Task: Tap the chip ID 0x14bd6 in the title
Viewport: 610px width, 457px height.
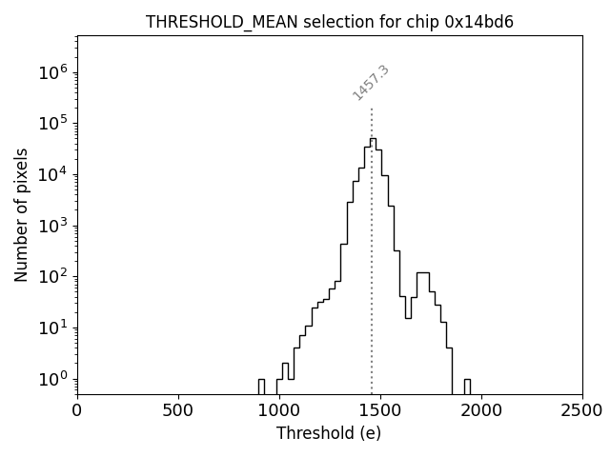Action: pyautogui.click(x=479, y=23)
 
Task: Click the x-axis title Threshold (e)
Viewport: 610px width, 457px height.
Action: pyautogui.click(x=329, y=433)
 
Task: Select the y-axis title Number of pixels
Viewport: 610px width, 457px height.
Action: pyautogui.click(x=21, y=214)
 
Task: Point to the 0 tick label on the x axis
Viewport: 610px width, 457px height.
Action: pyautogui.click(x=77, y=410)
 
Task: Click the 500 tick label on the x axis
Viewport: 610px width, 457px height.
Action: pyautogui.click(x=178, y=410)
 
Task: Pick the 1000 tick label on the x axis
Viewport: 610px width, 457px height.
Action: pyautogui.click(x=279, y=410)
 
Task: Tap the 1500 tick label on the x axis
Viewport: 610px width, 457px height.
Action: pyautogui.click(x=380, y=410)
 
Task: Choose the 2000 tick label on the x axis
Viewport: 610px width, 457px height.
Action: pyautogui.click(x=481, y=410)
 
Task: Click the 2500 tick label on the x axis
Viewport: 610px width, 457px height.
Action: pyautogui.click(x=582, y=410)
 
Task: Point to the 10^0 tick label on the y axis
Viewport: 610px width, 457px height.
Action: pyautogui.click(x=55, y=379)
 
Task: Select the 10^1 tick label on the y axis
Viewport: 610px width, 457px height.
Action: pyautogui.click(x=55, y=328)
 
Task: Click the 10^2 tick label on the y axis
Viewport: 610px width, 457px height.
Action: pyautogui.click(x=55, y=276)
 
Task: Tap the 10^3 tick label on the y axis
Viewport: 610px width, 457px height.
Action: pyautogui.click(x=55, y=226)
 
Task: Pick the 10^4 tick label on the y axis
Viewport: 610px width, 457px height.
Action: pyautogui.click(x=55, y=174)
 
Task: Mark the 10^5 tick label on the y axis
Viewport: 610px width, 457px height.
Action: pyautogui.click(x=55, y=123)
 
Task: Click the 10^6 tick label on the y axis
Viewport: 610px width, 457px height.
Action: pyautogui.click(x=55, y=72)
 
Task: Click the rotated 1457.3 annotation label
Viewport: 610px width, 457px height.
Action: pyautogui.click(x=371, y=83)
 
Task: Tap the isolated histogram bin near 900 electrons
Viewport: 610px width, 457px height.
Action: pyautogui.click(x=261, y=387)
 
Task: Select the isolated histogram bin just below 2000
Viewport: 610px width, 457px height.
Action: pyautogui.click(x=467, y=387)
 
